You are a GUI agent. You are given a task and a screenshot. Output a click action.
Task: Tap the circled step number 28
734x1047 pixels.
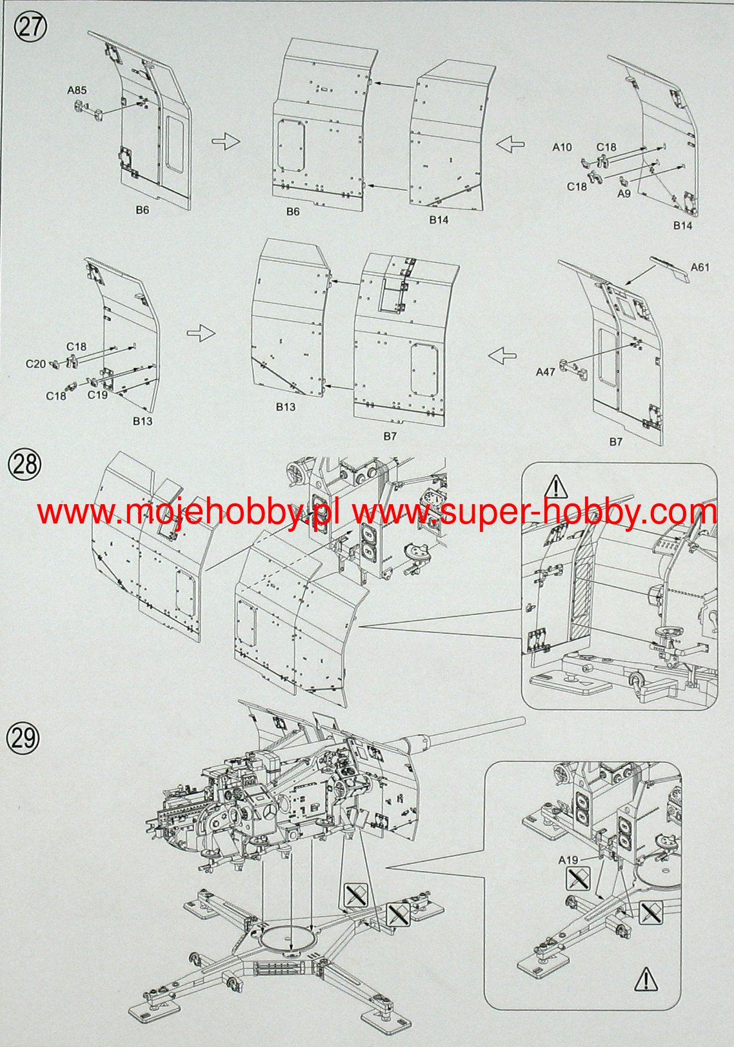tap(25, 464)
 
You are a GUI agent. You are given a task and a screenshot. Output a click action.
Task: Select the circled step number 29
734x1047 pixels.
tap(23, 738)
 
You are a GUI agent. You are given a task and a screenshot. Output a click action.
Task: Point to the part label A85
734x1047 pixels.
tap(77, 91)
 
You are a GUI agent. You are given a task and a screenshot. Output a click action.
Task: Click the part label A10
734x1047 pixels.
tap(562, 148)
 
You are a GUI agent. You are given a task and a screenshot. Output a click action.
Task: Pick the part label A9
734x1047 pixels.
tap(624, 193)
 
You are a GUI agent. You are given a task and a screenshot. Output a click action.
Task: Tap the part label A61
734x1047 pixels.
tap(699, 267)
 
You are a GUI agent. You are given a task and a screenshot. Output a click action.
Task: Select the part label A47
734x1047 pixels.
tap(545, 371)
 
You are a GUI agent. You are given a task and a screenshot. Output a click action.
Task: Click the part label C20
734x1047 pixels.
tap(35, 364)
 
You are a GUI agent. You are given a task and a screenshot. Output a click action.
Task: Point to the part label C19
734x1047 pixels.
tap(97, 395)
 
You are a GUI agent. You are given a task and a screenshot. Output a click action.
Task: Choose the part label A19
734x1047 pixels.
tap(568, 860)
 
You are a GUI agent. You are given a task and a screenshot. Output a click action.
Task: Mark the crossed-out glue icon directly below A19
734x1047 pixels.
tap(578, 879)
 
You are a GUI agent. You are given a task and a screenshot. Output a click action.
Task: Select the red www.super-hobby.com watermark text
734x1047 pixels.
tap(535, 513)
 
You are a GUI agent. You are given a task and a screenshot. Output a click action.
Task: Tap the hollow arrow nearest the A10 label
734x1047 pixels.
tap(510, 144)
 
